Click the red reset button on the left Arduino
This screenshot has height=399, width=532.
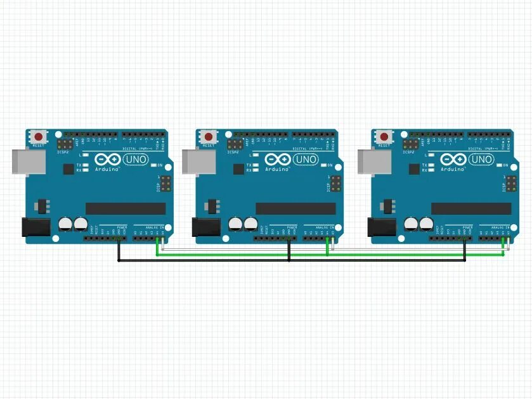[x=40, y=136]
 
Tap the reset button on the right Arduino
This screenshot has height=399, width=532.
[x=384, y=136]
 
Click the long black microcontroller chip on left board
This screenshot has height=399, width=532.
[x=126, y=208]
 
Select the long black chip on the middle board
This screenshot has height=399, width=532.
[x=295, y=208]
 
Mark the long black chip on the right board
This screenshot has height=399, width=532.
[x=470, y=208]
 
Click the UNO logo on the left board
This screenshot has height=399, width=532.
[x=136, y=159]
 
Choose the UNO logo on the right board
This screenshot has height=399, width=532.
[x=481, y=159]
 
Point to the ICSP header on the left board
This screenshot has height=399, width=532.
[x=165, y=185]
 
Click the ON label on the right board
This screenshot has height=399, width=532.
[x=505, y=165]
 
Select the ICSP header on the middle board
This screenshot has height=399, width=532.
[x=335, y=185]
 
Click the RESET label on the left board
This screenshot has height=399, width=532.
[x=39, y=146]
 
